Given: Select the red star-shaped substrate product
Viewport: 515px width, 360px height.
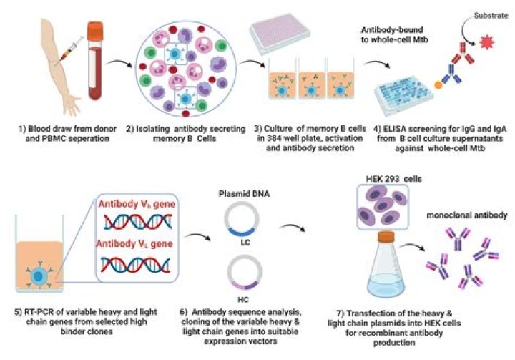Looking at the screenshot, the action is [x=487, y=42].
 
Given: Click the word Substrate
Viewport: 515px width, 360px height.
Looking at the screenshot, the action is [x=491, y=16].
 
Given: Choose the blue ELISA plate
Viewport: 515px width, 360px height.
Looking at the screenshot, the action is [x=403, y=94].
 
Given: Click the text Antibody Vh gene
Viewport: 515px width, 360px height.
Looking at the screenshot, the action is [x=137, y=204].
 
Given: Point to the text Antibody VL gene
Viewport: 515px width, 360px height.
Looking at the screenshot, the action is [x=134, y=244].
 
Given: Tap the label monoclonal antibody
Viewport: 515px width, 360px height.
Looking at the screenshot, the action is [x=466, y=215].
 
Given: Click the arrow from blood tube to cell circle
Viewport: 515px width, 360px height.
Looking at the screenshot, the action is [x=119, y=63].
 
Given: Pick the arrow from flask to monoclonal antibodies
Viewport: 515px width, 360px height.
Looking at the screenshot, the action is [x=413, y=247].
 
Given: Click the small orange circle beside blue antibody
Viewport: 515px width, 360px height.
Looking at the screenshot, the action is [x=438, y=85].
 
